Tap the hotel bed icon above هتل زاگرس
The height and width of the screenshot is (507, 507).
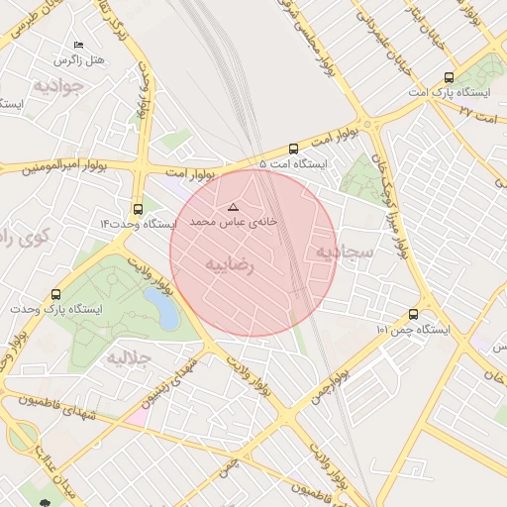(78, 46)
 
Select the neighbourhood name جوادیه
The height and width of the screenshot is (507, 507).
(60, 86)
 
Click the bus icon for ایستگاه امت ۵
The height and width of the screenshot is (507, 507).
(292, 149)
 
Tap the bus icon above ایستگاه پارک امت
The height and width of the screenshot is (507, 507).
(449, 76)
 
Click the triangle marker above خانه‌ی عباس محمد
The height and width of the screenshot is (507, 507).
(234, 207)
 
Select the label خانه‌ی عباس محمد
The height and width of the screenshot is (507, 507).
(233, 224)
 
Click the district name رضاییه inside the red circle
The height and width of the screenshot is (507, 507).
(230, 265)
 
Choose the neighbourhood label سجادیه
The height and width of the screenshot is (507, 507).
(344, 253)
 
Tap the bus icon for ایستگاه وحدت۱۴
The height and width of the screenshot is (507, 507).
(138, 209)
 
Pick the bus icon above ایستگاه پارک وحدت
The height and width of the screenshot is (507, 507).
(55, 294)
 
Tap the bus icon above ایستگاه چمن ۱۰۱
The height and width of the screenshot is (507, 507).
(413, 315)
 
